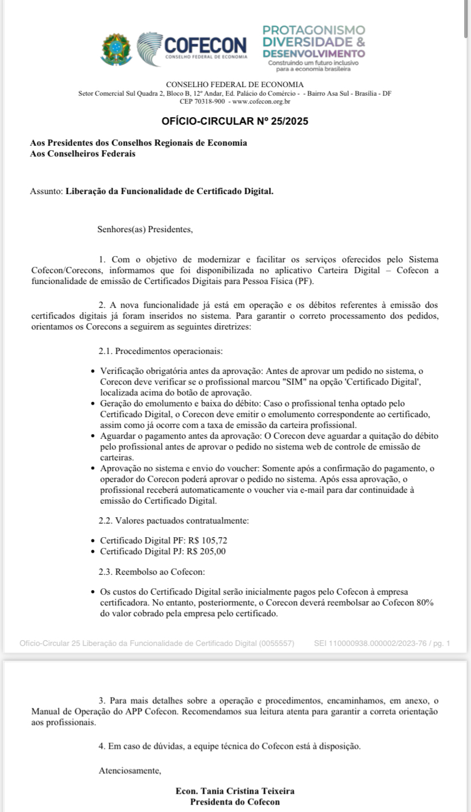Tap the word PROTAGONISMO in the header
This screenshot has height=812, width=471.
(313, 30)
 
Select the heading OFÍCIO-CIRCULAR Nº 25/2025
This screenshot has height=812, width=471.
(235, 121)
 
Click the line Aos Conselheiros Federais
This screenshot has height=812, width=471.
(82, 154)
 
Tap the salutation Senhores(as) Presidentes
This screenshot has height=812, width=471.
(145, 230)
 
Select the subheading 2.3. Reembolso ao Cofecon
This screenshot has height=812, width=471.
(152, 571)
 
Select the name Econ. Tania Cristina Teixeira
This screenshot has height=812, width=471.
(235, 791)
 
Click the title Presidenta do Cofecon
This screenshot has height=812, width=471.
(235, 802)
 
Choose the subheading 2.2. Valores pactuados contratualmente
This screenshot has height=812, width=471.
(173, 520)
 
